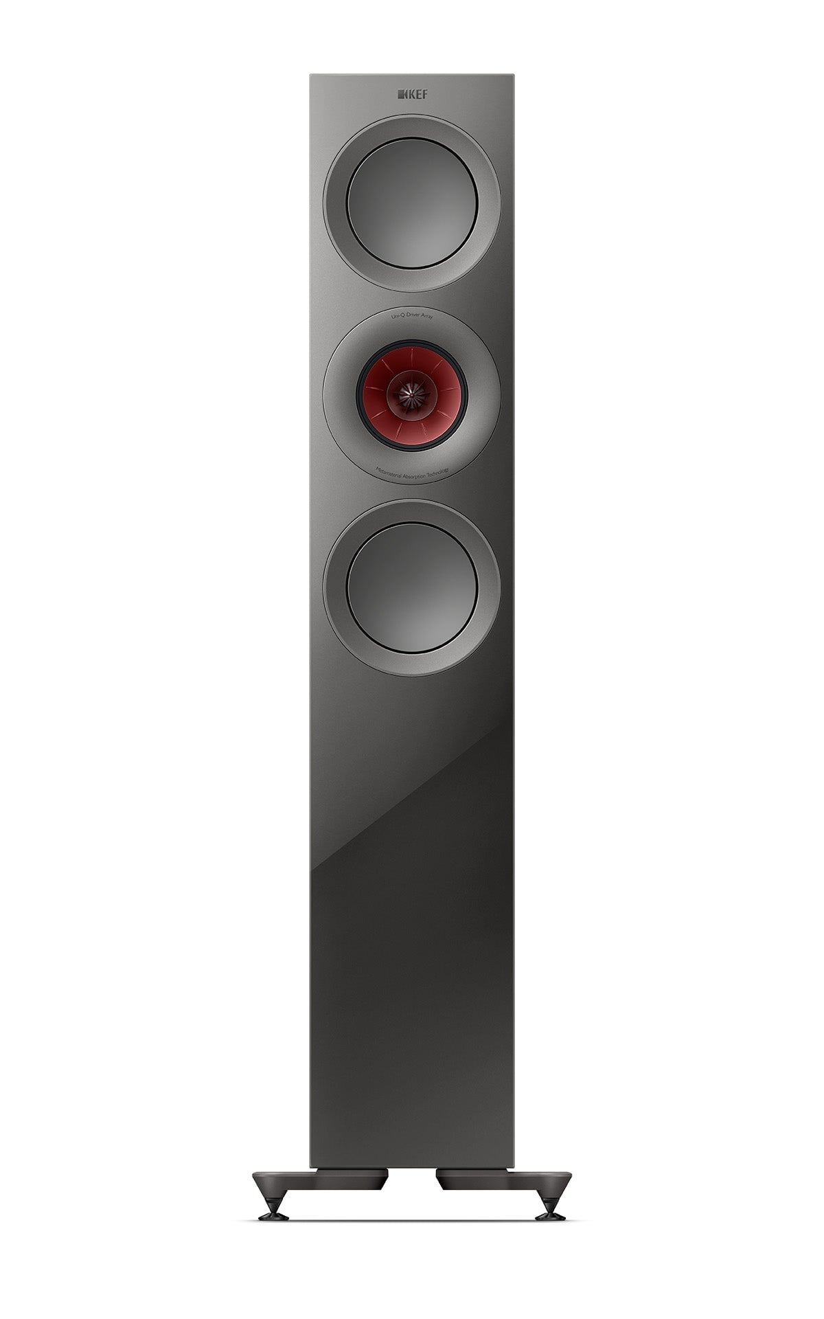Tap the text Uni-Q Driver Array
coord(412,316)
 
